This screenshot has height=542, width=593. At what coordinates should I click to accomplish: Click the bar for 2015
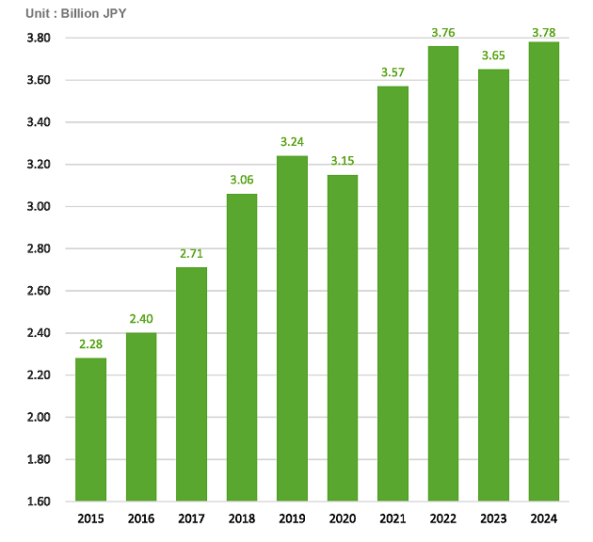click(91, 429)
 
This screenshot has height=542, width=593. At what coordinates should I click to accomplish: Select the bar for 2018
click(242, 347)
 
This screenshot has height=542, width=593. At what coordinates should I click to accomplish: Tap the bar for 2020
click(343, 338)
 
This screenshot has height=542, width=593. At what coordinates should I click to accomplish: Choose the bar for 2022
click(443, 273)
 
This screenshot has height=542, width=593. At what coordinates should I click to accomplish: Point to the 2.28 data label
click(91, 344)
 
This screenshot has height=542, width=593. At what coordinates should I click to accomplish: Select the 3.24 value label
click(293, 142)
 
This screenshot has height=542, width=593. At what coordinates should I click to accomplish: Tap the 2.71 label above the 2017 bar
click(192, 253)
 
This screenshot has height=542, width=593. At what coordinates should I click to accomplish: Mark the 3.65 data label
click(493, 56)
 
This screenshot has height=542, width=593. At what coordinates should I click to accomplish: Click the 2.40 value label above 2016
click(142, 319)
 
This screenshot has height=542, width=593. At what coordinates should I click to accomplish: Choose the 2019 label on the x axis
click(293, 519)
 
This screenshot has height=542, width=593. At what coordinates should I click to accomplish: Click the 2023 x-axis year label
click(493, 519)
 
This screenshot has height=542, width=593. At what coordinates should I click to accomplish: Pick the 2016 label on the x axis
click(142, 519)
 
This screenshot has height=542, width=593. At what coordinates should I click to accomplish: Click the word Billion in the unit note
click(86, 14)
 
